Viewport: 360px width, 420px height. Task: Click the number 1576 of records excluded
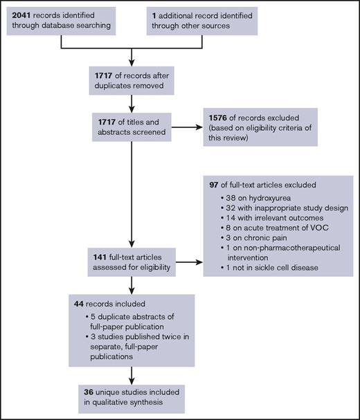[x=215, y=115]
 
